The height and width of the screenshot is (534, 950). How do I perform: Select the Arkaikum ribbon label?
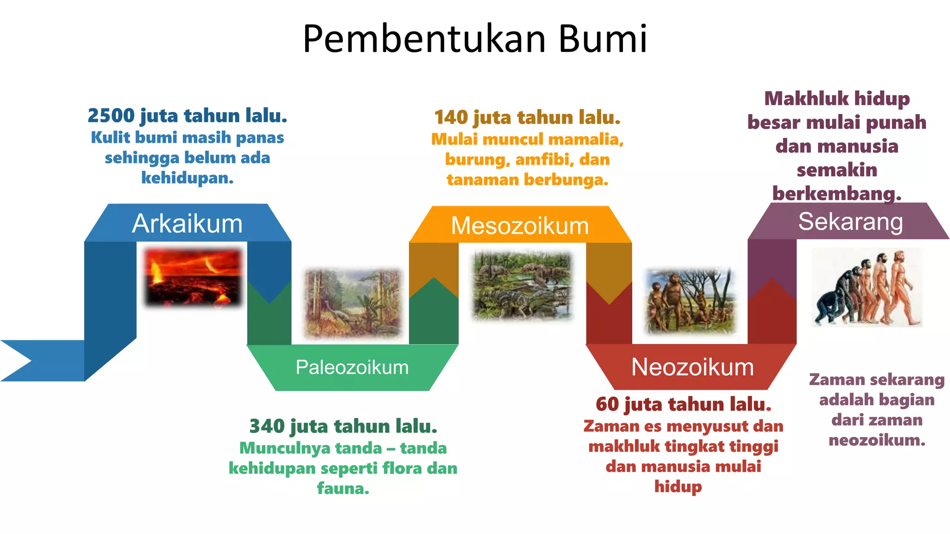(x=187, y=223)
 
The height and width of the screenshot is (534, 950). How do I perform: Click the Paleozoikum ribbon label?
(x=352, y=367)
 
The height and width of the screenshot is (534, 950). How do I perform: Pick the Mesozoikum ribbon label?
(x=520, y=226)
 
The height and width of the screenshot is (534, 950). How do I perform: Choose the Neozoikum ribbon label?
(x=692, y=367)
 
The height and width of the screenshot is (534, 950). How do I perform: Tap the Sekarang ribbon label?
(x=850, y=222)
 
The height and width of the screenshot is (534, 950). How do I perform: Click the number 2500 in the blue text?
(x=111, y=116)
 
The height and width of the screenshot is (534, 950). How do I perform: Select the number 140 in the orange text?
(x=451, y=118)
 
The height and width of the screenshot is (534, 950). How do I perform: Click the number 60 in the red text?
(x=607, y=404)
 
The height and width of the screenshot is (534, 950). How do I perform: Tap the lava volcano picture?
(x=193, y=277)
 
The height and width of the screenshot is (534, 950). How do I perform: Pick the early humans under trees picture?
(x=690, y=301)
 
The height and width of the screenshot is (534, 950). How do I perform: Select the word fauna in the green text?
(x=342, y=488)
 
